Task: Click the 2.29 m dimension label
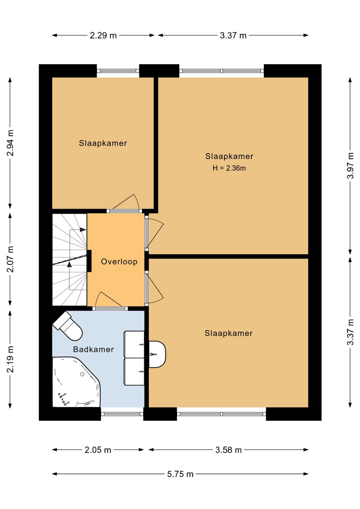coord(103,35)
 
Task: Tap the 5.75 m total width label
coord(180,474)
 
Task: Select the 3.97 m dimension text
coord(350,166)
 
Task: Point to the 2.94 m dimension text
coord(10,143)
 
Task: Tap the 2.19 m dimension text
coord(10,359)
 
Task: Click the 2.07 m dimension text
coord(10,259)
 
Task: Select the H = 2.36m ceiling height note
coord(229,168)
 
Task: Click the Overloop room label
coord(119,262)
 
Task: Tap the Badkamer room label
coord(93,349)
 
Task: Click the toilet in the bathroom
coord(68,326)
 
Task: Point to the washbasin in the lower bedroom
coord(157,354)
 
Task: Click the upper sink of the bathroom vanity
coord(134,344)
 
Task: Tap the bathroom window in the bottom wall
coord(122,414)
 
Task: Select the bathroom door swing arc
coord(108,299)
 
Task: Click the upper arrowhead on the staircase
coord(83,229)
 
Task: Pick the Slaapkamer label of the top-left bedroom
coord(103,143)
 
